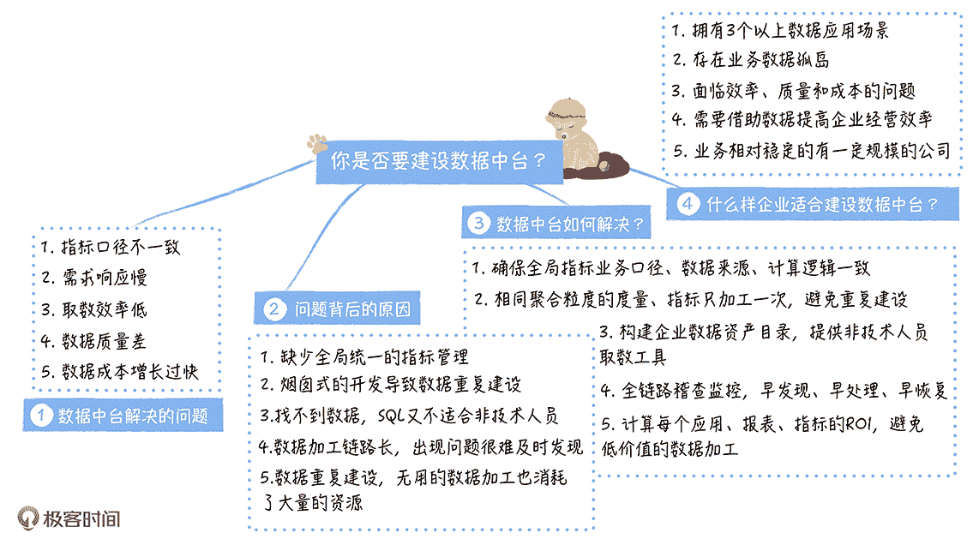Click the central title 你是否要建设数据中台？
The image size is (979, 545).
pos(438,160)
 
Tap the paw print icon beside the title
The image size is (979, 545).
pos(319,141)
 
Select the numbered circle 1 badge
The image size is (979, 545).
pos(40,416)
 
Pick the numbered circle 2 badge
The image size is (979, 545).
pos(273,309)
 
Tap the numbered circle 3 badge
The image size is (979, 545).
pos(477,224)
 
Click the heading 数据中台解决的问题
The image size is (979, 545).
pos(133,416)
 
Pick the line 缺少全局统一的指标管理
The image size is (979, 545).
pos(364,356)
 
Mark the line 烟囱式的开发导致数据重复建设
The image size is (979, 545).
pos(390,386)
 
